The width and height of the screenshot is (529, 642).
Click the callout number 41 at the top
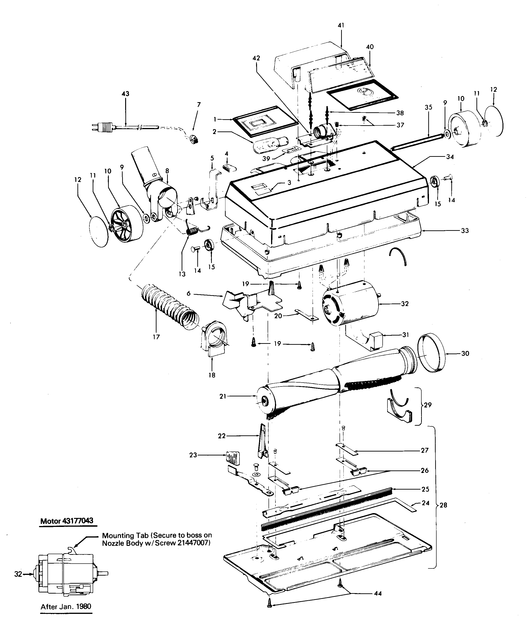click(341, 25)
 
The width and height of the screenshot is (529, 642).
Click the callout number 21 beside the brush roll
click(223, 396)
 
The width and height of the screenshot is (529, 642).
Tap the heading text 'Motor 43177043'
click(68, 521)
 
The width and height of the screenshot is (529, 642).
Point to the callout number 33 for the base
click(465, 231)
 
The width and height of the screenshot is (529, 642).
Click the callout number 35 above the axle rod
click(429, 107)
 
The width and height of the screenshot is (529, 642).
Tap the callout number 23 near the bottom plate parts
click(193, 455)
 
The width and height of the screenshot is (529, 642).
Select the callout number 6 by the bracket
click(188, 293)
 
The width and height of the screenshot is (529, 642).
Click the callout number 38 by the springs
click(400, 113)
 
